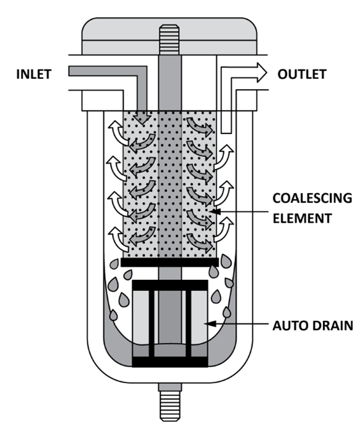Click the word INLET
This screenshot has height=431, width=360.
pos(34,74)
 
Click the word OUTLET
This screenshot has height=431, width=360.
pos(302,74)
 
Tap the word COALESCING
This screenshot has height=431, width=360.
pos(312,198)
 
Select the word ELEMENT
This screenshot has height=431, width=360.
pos(302,218)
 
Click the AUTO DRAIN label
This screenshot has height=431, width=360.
pos(313,326)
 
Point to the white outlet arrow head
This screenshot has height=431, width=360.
pos(262,73)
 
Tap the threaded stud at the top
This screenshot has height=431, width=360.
pos(170,39)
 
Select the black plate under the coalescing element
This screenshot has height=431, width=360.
pos(170,263)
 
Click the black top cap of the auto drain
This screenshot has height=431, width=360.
pos(170,285)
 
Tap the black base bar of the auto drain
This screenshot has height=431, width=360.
pos(170,362)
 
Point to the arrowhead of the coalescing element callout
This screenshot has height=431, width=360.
pos(216,212)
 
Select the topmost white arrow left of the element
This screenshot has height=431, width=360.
pos(118,132)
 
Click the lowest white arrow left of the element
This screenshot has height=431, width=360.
pos(118,239)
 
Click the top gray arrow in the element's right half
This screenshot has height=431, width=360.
pos(199,126)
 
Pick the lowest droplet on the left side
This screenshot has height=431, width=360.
pos(113,315)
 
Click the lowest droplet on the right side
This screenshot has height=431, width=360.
pos(227,312)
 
